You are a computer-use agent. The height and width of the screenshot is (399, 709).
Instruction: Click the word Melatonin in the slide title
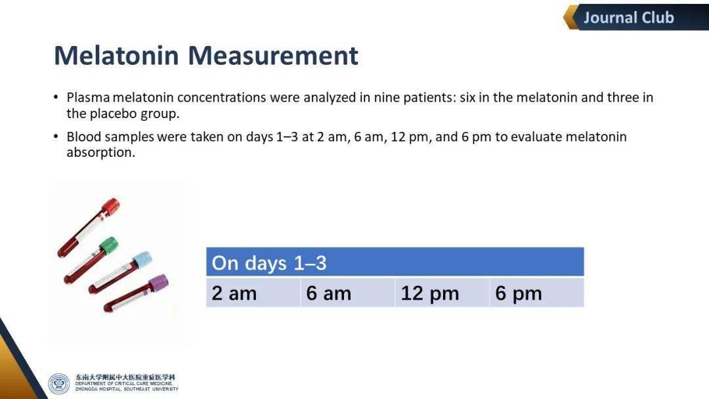117,56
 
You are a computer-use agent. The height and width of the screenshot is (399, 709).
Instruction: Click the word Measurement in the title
273,56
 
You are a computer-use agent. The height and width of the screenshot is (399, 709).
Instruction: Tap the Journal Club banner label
628,18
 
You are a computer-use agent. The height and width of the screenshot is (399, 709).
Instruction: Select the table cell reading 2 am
253,293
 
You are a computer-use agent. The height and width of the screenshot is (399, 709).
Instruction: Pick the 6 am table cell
348,293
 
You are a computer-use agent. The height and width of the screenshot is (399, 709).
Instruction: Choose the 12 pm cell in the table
442,293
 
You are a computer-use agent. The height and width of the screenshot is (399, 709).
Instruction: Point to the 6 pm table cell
537,293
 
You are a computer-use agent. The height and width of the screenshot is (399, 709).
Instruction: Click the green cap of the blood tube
108,246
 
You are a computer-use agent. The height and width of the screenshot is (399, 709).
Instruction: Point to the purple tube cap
158,283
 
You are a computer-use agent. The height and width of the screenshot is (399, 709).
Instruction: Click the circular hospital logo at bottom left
59,384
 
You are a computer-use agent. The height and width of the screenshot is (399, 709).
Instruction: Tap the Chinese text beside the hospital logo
125,377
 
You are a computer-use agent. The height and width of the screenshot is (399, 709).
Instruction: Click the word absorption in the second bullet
101,153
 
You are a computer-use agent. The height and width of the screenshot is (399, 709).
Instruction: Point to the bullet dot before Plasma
56,97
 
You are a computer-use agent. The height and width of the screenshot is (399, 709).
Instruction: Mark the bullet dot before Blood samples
56,136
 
